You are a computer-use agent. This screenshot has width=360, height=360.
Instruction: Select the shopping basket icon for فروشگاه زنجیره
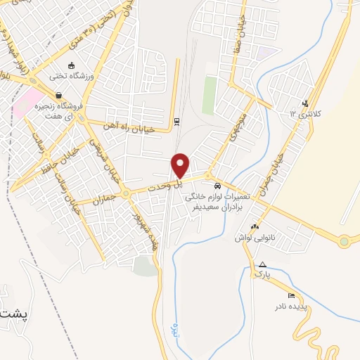(x=58, y=95)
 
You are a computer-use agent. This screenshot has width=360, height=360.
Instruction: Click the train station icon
(x=176, y=121)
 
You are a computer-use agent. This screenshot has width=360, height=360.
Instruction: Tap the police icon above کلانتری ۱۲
(x=304, y=103)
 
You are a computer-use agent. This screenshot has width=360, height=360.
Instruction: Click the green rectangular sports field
(x=210, y=96)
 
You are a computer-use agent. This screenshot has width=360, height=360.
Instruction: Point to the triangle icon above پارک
(x=262, y=264)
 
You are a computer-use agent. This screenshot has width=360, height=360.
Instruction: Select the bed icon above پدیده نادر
(x=292, y=295)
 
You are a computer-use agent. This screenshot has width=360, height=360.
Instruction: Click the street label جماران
(x=107, y=200)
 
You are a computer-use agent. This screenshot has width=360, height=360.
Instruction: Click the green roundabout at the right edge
(x=343, y=242)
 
